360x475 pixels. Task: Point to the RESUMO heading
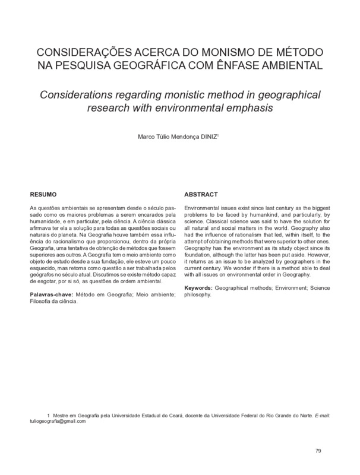pyautogui.click(x=43, y=194)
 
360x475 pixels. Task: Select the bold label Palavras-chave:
pyautogui.click(x=52, y=295)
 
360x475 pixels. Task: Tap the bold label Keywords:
pyautogui.click(x=198, y=287)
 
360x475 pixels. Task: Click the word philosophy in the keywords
pyautogui.click(x=198, y=294)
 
